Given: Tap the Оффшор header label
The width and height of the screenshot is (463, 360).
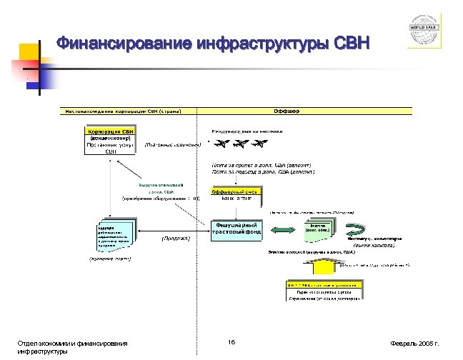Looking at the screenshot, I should coord(286,111).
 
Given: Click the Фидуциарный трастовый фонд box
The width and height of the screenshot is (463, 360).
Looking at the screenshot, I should coord(235,231).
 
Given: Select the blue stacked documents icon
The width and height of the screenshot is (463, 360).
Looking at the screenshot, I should coord(111,235).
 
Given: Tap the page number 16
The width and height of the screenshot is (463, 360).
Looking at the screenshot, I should coord(231,341).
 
